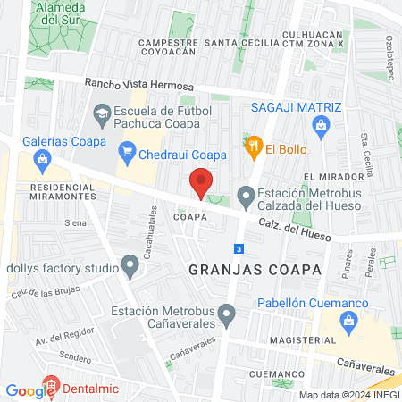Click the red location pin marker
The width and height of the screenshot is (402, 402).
pos(201,183)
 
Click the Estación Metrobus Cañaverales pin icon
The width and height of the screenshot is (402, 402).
pos(227,313)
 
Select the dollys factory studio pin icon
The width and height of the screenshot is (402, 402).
pos(131,266)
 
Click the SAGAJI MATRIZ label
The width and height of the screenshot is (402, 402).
pos(296,107)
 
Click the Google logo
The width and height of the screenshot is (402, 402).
pos(30,390)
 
